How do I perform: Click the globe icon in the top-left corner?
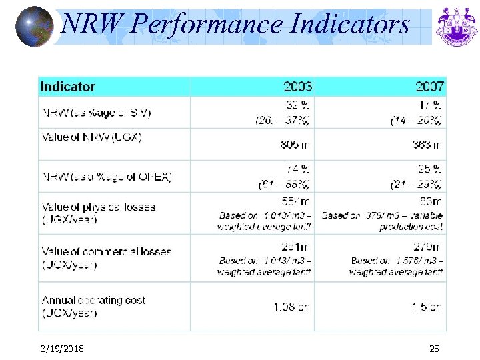[34, 27]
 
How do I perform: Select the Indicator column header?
[68, 87]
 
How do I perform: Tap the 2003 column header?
[297, 87]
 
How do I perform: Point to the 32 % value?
[298, 105]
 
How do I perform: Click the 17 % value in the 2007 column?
[429, 105]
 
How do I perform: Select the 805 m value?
[295, 145]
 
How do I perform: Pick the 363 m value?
[427, 145]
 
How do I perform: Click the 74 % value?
[298, 169]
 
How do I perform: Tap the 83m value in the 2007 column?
[431, 201]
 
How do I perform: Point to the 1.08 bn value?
[291, 307]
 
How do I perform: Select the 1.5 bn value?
[427, 307]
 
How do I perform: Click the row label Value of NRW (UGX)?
[91, 137]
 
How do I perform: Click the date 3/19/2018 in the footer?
[62, 349]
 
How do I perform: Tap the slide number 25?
[434, 349]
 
